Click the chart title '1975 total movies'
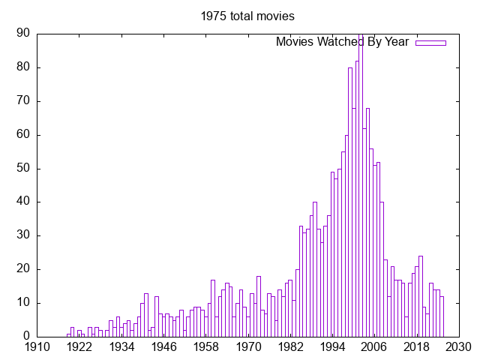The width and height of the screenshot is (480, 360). pos(247,16)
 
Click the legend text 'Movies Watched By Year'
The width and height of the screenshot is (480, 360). pos(342,42)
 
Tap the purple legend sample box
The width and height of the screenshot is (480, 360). pos(430,43)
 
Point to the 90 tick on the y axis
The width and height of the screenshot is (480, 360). pos(23,34)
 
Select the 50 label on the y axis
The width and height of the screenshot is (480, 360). pos(23,169)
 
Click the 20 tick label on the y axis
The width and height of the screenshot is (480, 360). pos(23,269)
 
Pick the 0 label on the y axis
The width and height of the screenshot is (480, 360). pos(27,337)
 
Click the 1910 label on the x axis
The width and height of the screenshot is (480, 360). pos(37,347)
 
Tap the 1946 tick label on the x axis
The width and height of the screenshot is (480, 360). pos(164,347)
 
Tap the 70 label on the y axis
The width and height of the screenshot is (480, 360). pos(23,101)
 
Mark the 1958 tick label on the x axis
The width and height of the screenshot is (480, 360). pos(206,347)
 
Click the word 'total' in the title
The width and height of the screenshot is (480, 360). pos(243,16)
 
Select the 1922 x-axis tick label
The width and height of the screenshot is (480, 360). pos(79,347)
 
